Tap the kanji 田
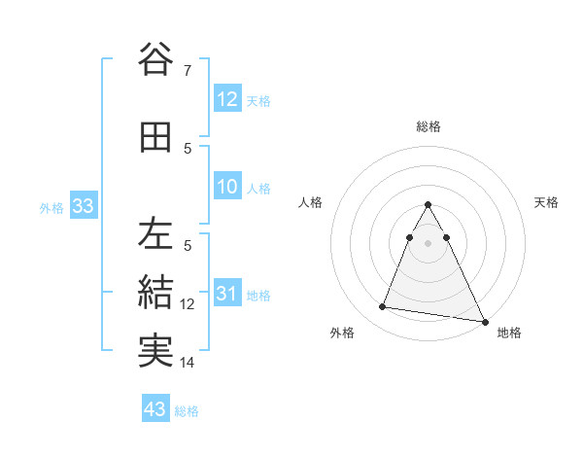[x=155, y=137]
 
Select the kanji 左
[x=155, y=234]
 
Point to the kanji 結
[x=155, y=292]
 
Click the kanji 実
[x=155, y=350]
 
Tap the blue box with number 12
[x=227, y=99]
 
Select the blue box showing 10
[x=227, y=188]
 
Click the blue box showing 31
[x=227, y=295]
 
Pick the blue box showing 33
[x=83, y=206]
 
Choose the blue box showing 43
[x=155, y=409]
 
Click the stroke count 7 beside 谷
[x=188, y=70]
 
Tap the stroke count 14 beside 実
[x=188, y=363]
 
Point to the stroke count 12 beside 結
[x=188, y=304]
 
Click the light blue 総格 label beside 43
[x=187, y=411]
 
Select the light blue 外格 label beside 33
[x=51, y=207]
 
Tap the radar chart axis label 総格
[x=428, y=126]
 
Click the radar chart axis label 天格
[x=547, y=202]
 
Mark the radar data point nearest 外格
[x=383, y=307]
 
